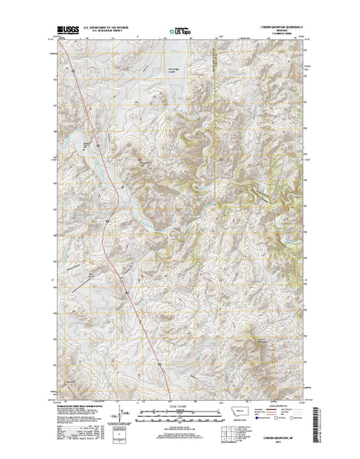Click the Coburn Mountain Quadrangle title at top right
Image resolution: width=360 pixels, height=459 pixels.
(x=277, y=30)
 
